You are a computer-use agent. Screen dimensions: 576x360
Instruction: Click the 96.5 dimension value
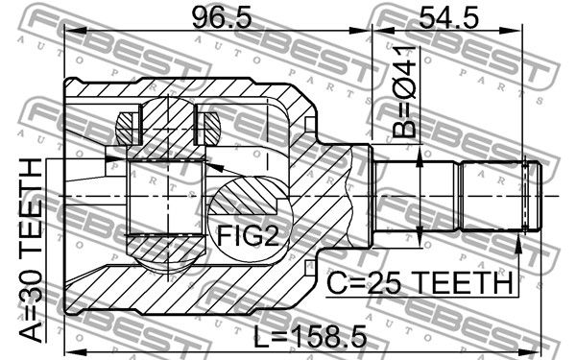click(222, 18)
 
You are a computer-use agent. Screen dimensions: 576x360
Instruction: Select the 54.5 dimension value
click(448, 18)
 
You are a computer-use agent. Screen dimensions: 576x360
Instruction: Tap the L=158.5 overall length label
click(311, 337)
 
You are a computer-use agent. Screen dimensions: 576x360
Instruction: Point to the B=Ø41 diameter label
click(404, 92)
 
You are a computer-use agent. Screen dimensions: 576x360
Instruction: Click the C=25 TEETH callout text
click(420, 283)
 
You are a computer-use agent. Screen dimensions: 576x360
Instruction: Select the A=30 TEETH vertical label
click(32, 251)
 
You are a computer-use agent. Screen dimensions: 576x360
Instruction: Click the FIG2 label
click(249, 235)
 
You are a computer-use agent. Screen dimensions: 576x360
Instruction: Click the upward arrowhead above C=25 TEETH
click(518, 244)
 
